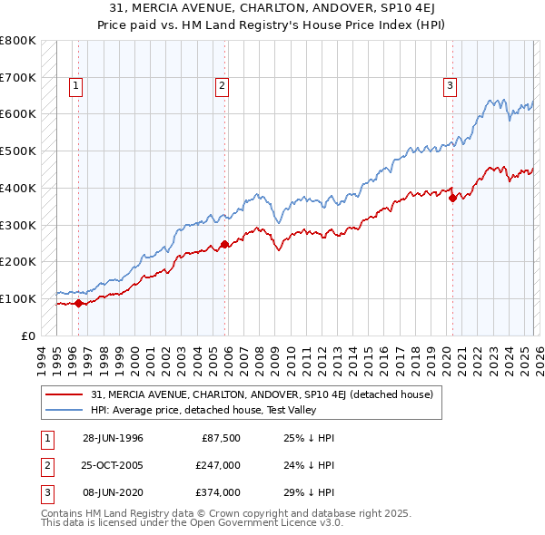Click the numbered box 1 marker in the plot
tap(75, 86)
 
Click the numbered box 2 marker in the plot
tap(222, 86)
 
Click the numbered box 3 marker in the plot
tap(450, 86)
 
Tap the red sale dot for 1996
tap(79, 303)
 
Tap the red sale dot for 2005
tap(225, 244)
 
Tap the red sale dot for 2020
tap(452, 198)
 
